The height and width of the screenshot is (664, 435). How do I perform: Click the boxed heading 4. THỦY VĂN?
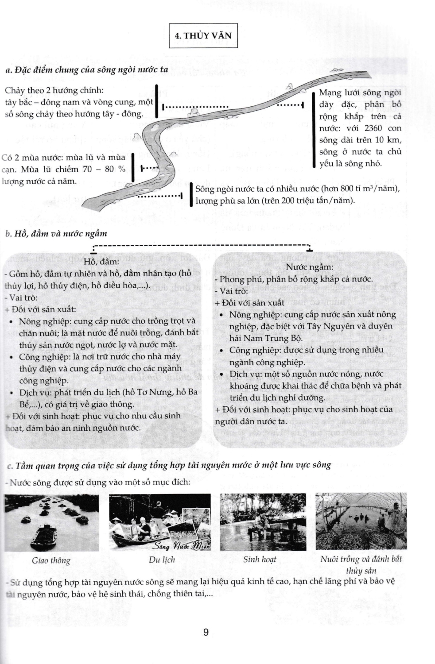(x=203, y=36)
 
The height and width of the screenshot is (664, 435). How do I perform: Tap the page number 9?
(x=206, y=632)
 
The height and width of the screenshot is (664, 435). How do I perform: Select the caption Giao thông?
(x=51, y=560)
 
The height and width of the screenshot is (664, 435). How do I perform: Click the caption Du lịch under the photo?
(x=162, y=560)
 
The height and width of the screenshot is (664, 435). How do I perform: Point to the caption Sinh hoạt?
(x=260, y=559)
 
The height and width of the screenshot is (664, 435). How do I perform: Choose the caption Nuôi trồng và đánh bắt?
(x=361, y=559)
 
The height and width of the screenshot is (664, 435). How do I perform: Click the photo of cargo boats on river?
(x=52, y=522)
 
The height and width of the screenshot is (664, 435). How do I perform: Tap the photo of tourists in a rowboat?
(x=160, y=522)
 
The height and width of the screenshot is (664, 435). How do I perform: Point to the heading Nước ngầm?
(x=310, y=267)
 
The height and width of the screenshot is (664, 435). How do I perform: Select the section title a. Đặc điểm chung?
(x=87, y=69)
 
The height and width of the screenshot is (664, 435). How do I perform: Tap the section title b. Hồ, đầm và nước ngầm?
(x=56, y=233)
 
